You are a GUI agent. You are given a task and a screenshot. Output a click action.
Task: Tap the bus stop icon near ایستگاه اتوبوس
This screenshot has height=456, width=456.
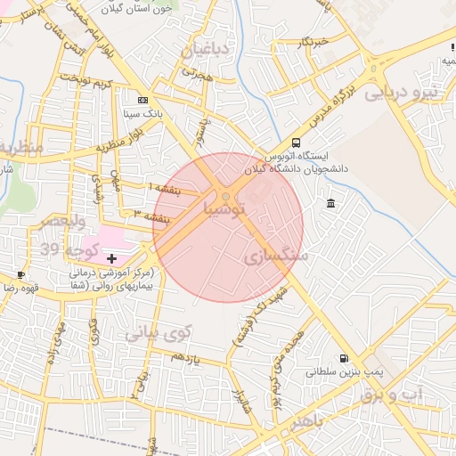pos(297,142)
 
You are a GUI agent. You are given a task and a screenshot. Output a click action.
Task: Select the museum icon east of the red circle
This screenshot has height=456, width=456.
pos(331,204)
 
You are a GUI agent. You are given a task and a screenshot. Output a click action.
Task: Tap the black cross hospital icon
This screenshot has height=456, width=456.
pos(111,258)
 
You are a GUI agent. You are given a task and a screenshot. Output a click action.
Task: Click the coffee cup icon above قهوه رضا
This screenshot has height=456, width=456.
pos(20,274)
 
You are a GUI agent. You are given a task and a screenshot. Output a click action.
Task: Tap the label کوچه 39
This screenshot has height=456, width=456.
pos(63,248)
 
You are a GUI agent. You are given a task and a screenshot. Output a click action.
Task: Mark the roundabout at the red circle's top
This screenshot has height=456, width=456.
pos(227,196)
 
